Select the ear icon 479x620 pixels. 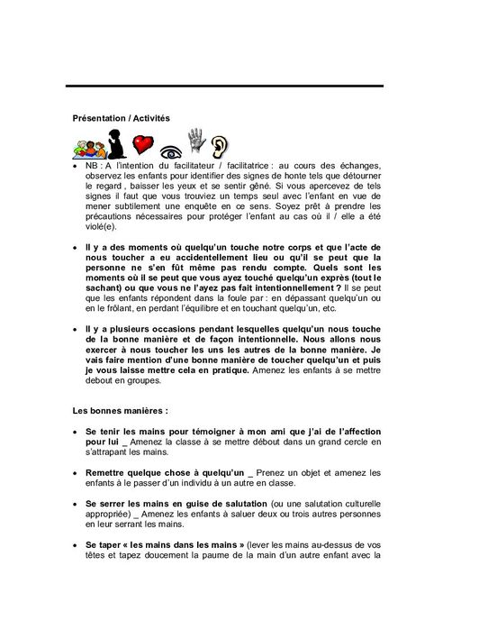coord(219,143)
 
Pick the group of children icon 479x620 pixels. coord(87,145)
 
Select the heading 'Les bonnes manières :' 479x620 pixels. coord(114,411)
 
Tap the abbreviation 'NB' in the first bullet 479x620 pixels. coord(93,166)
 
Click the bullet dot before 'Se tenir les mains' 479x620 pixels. coord(76,433)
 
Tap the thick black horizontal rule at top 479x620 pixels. coord(224,86)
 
